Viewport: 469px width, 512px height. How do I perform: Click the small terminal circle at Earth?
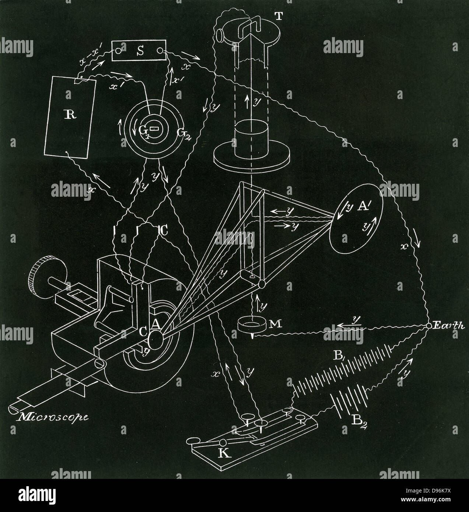click(x=429, y=326)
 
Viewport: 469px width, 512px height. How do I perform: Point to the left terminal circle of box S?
click(x=119, y=51)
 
